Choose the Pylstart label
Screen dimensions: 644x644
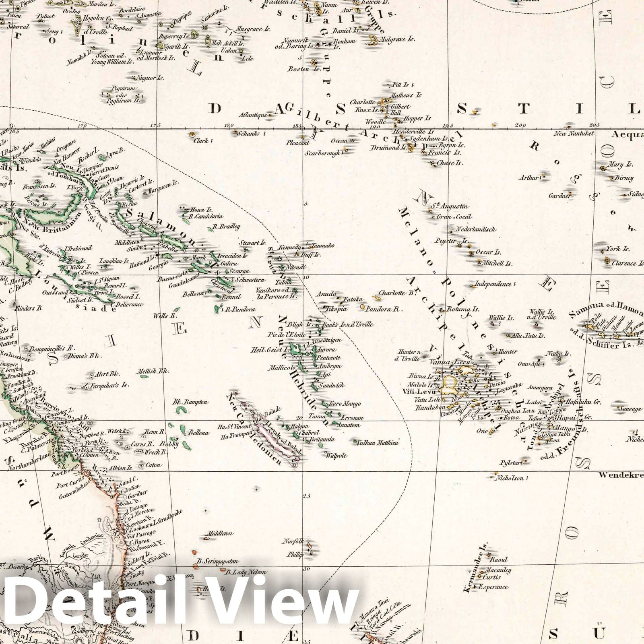(511, 462)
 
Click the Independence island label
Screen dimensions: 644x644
(493, 284)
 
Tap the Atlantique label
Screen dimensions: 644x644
(252, 115)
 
